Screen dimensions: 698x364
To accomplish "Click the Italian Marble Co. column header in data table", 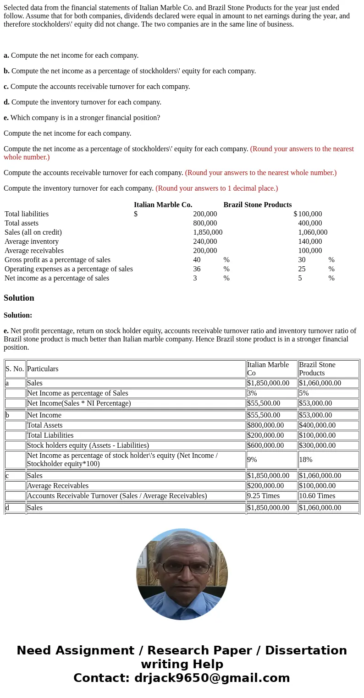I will (163, 205).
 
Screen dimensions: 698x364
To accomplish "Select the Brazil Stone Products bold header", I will (257, 205).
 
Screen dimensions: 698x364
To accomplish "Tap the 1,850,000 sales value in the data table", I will (207, 232).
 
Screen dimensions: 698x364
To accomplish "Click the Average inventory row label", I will (32, 242).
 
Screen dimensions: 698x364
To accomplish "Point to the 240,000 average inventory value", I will (205, 242).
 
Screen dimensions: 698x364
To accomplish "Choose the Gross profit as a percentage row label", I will (57, 260).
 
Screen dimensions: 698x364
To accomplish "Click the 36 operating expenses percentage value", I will (197, 269).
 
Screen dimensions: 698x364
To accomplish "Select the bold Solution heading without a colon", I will (19, 298).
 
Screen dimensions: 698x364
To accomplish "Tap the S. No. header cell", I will (15, 369).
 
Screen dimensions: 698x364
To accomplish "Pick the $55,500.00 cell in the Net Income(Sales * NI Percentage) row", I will (264, 403).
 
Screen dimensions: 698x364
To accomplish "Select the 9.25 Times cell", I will (263, 496).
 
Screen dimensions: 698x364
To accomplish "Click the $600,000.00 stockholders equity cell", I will (265, 445).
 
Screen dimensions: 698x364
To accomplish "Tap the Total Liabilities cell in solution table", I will (50, 435).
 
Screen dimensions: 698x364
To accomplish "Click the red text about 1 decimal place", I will (216, 188).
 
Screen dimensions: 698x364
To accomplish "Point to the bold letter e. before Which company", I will (6, 118).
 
